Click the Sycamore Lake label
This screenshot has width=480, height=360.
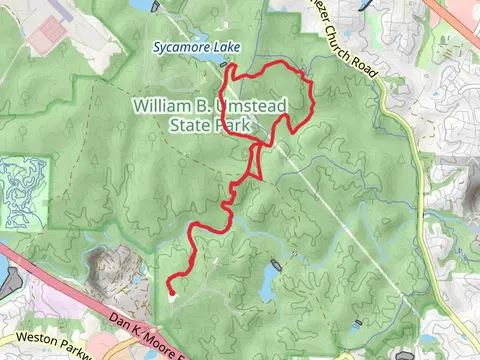[x=191, y=46]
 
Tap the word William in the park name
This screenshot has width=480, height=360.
[x=163, y=105]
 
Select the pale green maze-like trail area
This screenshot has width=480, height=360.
[x=22, y=194]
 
